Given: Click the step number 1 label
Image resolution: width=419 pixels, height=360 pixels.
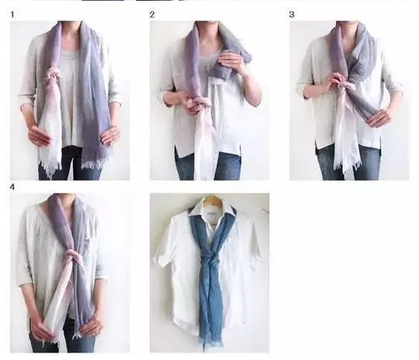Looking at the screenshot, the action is (x=12, y=14).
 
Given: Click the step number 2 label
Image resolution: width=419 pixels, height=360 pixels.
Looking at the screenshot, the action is (x=152, y=14).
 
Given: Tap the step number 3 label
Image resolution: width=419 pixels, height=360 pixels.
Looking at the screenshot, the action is (x=292, y=14).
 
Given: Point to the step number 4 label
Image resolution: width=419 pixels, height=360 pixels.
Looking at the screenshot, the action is (x=12, y=187).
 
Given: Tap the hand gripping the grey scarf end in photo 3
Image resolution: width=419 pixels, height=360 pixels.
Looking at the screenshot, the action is (x=379, y=119).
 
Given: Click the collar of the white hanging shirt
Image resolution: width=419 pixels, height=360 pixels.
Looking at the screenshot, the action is (x=212, y=211).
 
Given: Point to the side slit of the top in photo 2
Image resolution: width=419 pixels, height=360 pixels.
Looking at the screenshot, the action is (x=177, y=152).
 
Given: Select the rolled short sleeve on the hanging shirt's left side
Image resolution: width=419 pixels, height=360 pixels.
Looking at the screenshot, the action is (x=161, y=259).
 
